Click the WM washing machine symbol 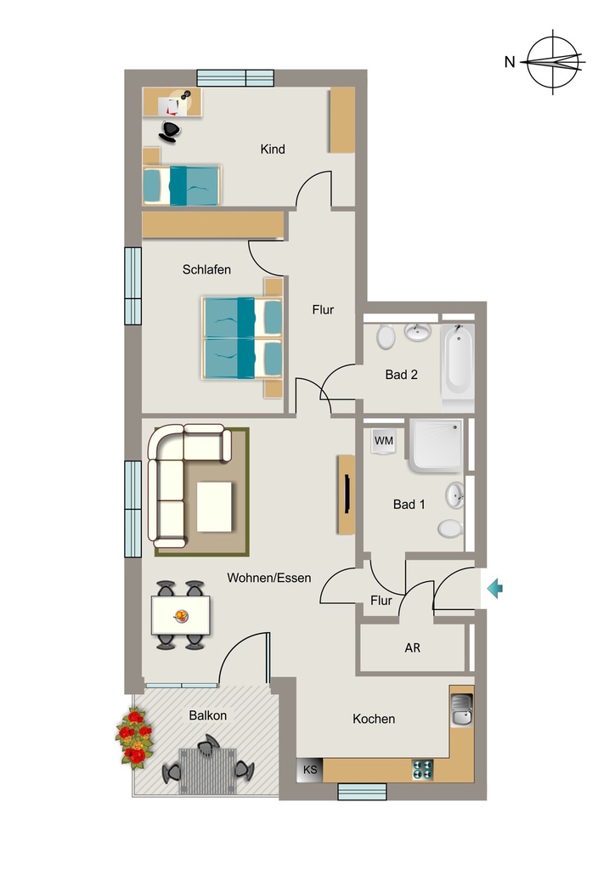tap(384, 442)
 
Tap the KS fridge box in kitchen tap(310, 770)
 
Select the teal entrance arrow tap(494, 588)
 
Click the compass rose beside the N tap(554, 61)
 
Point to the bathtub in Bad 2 tap(458, 360)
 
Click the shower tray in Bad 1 tap(436, 445)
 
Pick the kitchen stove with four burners tap(422, 770)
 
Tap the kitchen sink tap(461, 710)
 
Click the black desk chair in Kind tap(169, 132)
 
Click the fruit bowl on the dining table tap(181, 615)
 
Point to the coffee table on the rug tap(214, 507)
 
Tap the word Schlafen tap(206, 269)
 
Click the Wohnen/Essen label tap(269, 578)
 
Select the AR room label tap(413, 647)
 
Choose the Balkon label tap(208, 715)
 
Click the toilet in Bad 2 tap(386, 336)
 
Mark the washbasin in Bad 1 tap(455, 495)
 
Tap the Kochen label tap(374, 719)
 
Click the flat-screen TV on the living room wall tap(347, 494)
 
